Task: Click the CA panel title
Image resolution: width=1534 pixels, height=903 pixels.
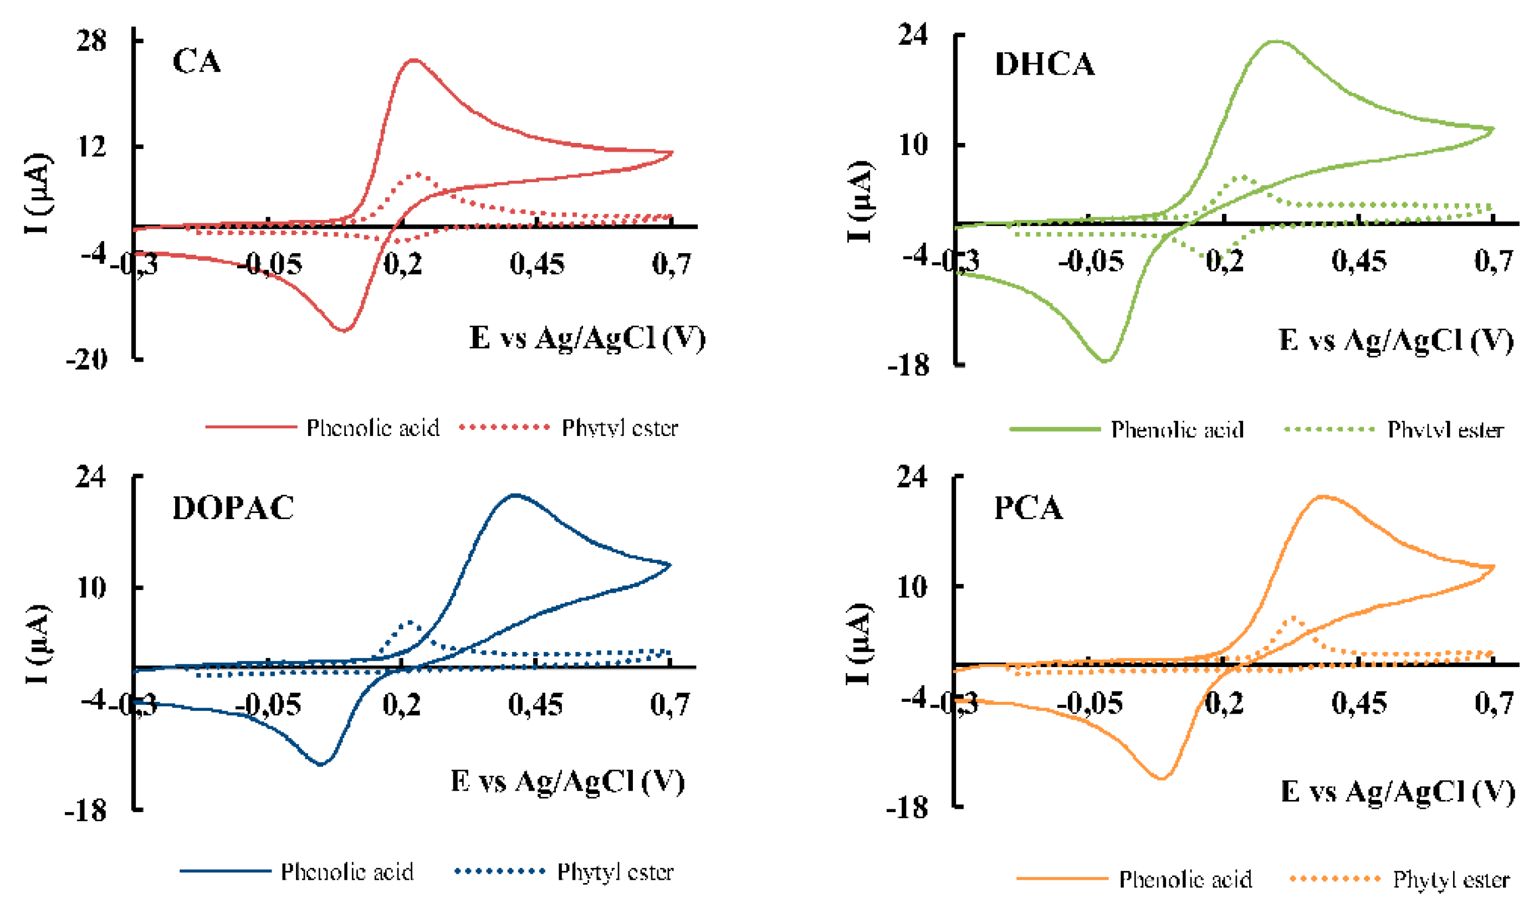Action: coord(196,61)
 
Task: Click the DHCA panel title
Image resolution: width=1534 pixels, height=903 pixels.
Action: coord(1044,64)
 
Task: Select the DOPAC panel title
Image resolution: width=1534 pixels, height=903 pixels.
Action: coord(233,508)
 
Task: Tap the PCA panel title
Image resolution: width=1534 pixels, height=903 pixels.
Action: coord(1028,508)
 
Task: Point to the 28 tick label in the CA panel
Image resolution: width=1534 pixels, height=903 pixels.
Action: coord(91,42)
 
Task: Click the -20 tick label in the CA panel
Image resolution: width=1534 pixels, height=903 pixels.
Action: coord(86,360)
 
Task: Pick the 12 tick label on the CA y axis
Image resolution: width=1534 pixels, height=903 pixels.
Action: coord(91,147)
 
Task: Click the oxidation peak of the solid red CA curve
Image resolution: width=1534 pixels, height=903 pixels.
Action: coord(414,60)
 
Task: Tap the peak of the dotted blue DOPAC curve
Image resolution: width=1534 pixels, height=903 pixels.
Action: coord(410,622)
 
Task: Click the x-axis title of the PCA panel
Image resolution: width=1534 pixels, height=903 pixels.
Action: coord(1397,791)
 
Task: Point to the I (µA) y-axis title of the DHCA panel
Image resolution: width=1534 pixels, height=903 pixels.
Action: coord(860,201)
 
